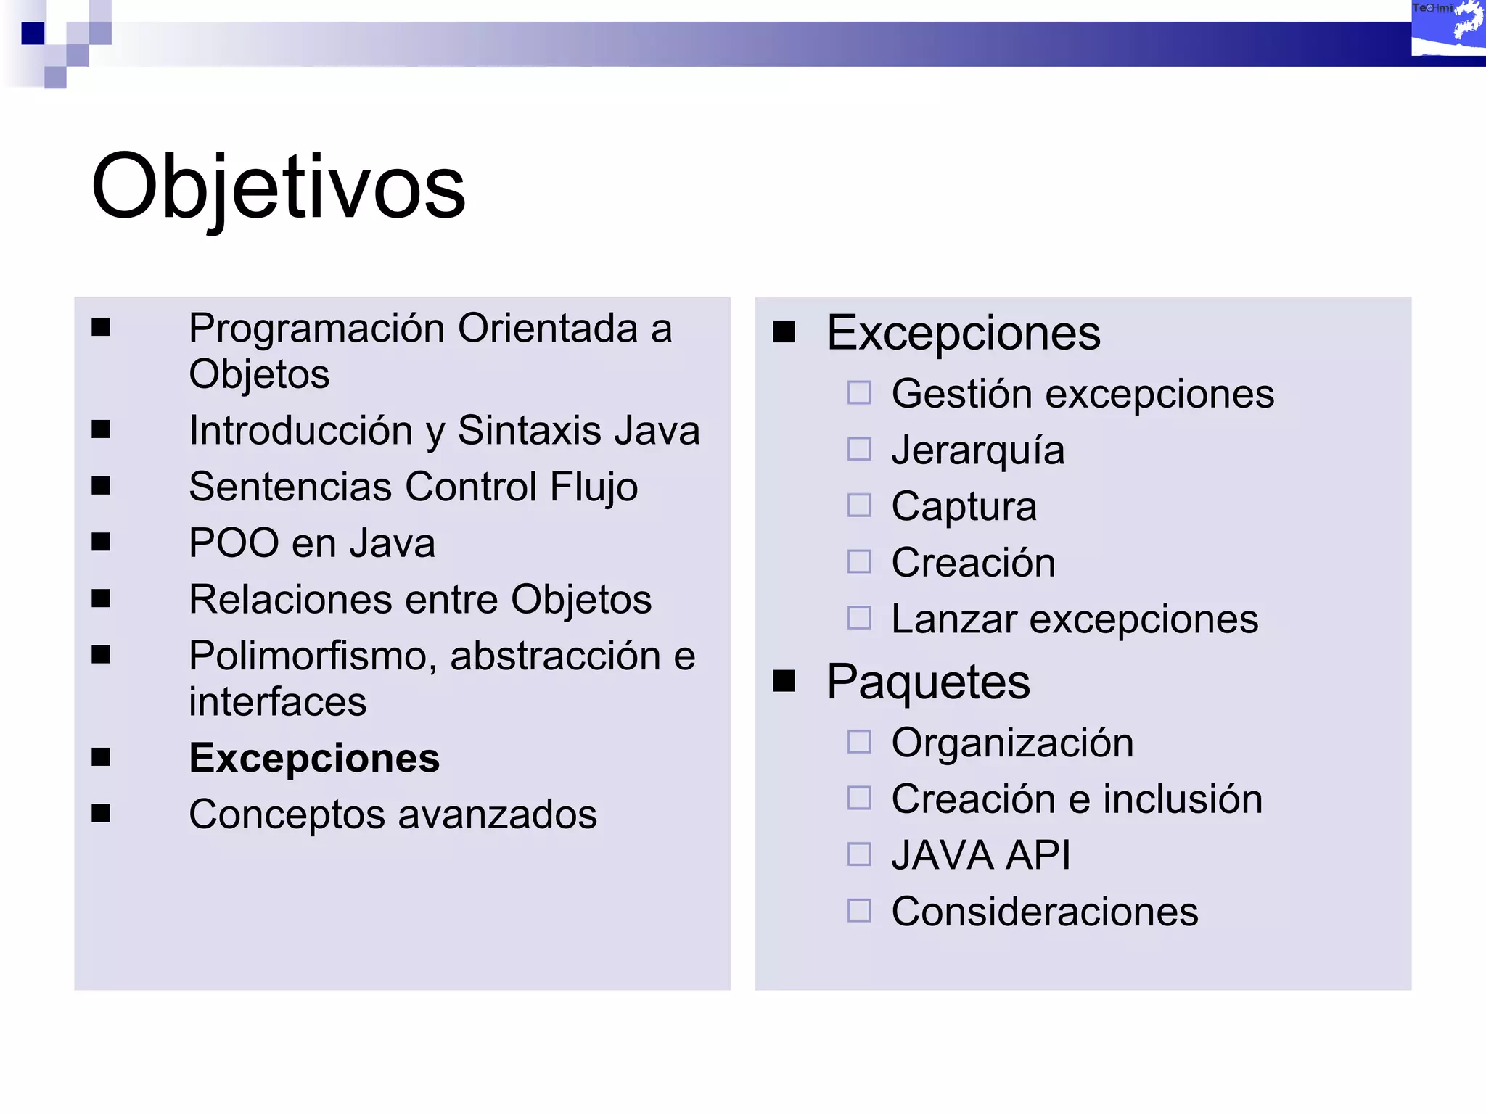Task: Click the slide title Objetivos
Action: coord(278,187)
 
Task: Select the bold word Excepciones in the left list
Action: coord(314,759)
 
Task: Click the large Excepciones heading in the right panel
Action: coord(964,333)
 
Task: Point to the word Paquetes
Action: coord(928,682)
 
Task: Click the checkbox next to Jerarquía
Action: coord(859,450)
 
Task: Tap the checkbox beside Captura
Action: coord(859,506)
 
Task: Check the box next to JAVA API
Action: coord(859,854)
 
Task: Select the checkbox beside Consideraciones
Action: coord(859,911)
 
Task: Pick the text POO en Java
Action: coord(312,543)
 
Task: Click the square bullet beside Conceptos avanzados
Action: coord(101,814)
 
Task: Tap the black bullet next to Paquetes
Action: coord(784,681)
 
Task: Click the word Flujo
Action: coord(594,487)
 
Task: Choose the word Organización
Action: coord(1012,743)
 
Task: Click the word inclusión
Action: coord(1183,799)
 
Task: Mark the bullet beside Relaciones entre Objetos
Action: coord(101,598)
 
